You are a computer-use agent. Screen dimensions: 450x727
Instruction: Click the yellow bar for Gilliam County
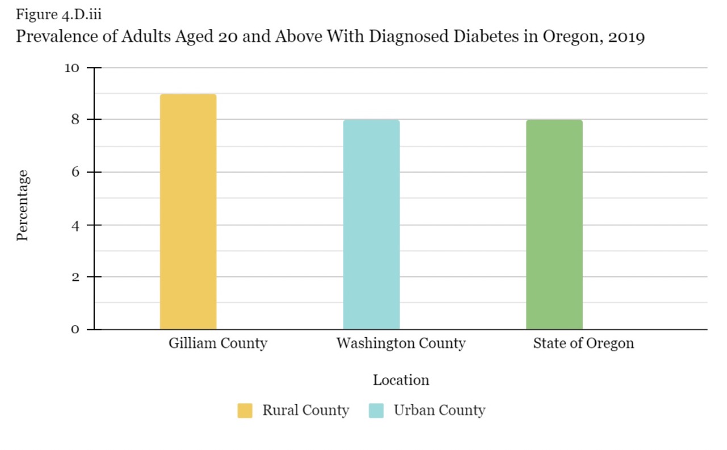(188, 212)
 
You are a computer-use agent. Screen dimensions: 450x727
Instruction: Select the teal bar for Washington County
(371, 225)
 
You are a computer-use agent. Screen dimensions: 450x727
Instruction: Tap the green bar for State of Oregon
(554, 225)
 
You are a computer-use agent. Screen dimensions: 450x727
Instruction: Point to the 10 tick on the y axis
(72, 68)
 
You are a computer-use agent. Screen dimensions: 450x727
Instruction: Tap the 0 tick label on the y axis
(74, 330)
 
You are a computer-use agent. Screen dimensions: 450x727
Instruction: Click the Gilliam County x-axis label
(218, 343)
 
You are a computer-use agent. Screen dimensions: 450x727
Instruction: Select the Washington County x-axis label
(400, 343)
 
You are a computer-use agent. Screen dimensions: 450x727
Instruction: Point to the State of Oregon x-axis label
(583, 343)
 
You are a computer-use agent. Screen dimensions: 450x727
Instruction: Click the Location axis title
(401, 380)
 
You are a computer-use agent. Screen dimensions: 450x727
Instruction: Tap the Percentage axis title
(22, 205)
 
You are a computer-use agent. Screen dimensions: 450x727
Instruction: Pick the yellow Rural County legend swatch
(245, 410)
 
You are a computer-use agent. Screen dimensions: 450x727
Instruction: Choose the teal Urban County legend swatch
(376, 410)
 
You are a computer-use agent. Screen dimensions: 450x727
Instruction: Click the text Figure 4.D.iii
(59, 14)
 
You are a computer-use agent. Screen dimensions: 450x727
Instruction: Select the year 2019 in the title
(626, 37)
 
